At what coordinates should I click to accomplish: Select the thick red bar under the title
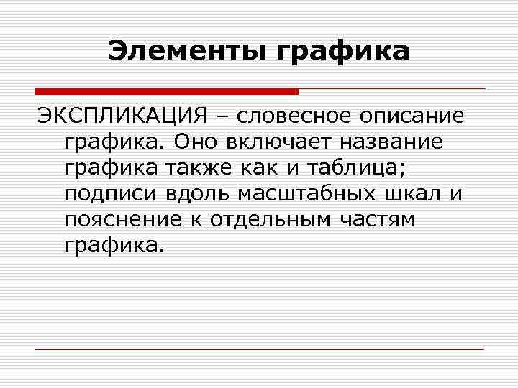click(165, 91)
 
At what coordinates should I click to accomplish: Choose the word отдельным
click(273, 219)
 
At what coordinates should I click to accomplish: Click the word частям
click(381, 219)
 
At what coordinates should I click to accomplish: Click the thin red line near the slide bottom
click(259, 349)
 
